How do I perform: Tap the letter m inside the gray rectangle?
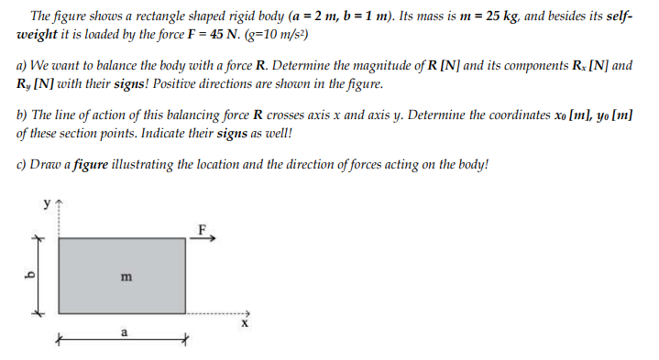(x=125, y=275)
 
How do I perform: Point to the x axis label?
(x=244, y=323)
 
